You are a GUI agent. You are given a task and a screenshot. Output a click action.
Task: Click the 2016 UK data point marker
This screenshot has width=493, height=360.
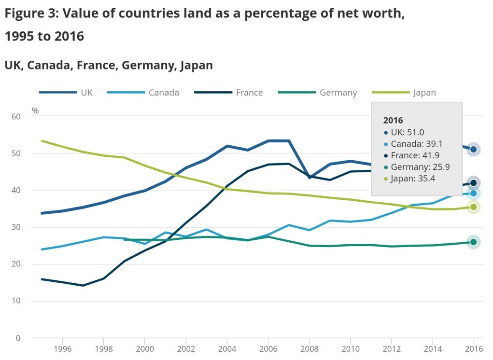pos(473,150)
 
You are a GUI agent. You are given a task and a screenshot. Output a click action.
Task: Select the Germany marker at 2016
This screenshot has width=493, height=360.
pos(473,242)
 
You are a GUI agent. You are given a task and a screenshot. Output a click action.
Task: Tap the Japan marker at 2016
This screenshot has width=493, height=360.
pos(473,207)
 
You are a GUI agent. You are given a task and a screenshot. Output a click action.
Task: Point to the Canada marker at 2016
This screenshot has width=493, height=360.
pos(473,194)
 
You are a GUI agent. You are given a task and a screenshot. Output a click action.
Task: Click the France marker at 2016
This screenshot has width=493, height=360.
pos(473,183)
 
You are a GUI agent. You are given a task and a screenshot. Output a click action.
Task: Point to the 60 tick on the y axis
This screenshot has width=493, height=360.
pos(16,116)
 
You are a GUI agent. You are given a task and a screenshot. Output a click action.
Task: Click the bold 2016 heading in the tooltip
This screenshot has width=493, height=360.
pos(393,121)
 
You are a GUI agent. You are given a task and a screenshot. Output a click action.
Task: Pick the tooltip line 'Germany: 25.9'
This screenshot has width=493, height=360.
pos(420,166)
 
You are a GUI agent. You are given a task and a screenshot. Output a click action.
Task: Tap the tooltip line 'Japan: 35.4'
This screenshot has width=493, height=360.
pos(414,178)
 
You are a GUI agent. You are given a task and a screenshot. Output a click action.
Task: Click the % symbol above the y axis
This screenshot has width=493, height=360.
pos(35,111)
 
